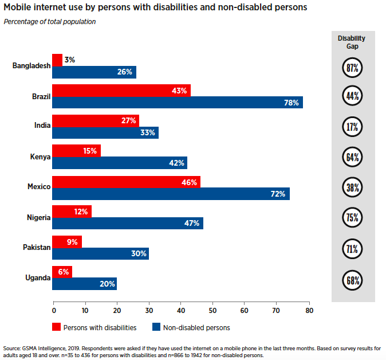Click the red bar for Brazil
[121, 91]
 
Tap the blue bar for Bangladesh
[94, 72]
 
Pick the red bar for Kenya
[77, 151]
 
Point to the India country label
[42, 125]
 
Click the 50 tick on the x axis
[213, 311]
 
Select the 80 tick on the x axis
[309, 311]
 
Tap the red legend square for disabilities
[56, 327]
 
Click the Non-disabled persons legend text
[196, 328]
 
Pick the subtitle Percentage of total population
[50, 22]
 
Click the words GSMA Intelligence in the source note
[44, 349]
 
